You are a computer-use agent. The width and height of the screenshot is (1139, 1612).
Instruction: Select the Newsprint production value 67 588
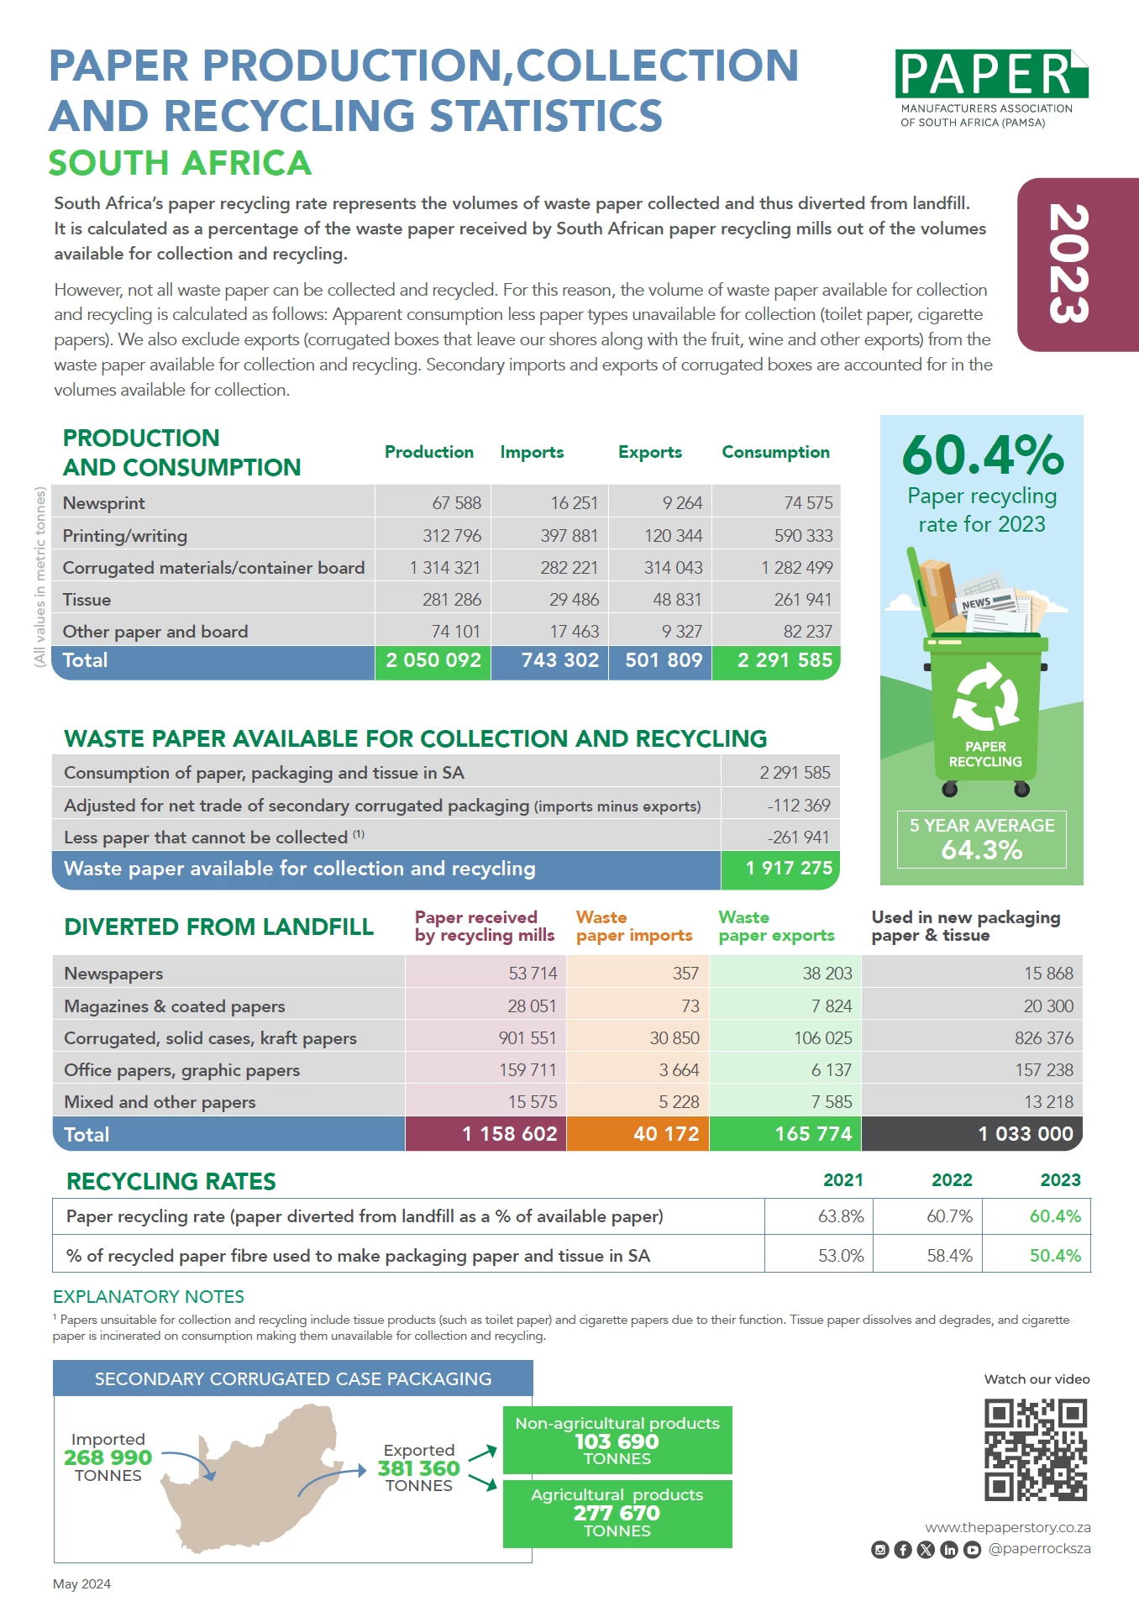[456, 503]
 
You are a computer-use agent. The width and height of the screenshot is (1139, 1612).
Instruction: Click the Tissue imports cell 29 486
[574, 600]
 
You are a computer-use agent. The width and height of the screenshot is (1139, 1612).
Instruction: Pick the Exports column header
[649, 452]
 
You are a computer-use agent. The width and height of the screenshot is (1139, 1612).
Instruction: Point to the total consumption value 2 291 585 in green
[784, 661]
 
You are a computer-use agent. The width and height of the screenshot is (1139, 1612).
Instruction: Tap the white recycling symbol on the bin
[985, 697]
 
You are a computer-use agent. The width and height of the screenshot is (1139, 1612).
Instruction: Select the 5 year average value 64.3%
[981, 850]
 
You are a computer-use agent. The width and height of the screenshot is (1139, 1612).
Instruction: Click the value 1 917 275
[788, 869]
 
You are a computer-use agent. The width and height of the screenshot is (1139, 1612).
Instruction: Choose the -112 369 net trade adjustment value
[798, 806]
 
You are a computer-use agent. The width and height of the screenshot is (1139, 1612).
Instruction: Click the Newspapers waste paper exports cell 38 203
[827, 974]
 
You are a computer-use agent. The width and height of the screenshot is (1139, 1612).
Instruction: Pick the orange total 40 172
[665, 1134]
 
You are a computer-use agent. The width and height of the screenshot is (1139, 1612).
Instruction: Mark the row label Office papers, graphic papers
[182, 1070]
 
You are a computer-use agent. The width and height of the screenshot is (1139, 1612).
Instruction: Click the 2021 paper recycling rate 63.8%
[841, 1216]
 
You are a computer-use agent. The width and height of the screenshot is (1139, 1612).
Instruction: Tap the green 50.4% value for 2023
[1055, 1256]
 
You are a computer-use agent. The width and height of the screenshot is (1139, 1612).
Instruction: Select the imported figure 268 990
[108, 1457]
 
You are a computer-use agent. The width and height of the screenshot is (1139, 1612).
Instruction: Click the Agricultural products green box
[617, 1513]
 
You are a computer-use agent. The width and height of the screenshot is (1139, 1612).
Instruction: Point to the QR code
[1036, 1450]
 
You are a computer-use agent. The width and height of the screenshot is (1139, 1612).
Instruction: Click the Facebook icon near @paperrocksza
[903, 1550]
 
